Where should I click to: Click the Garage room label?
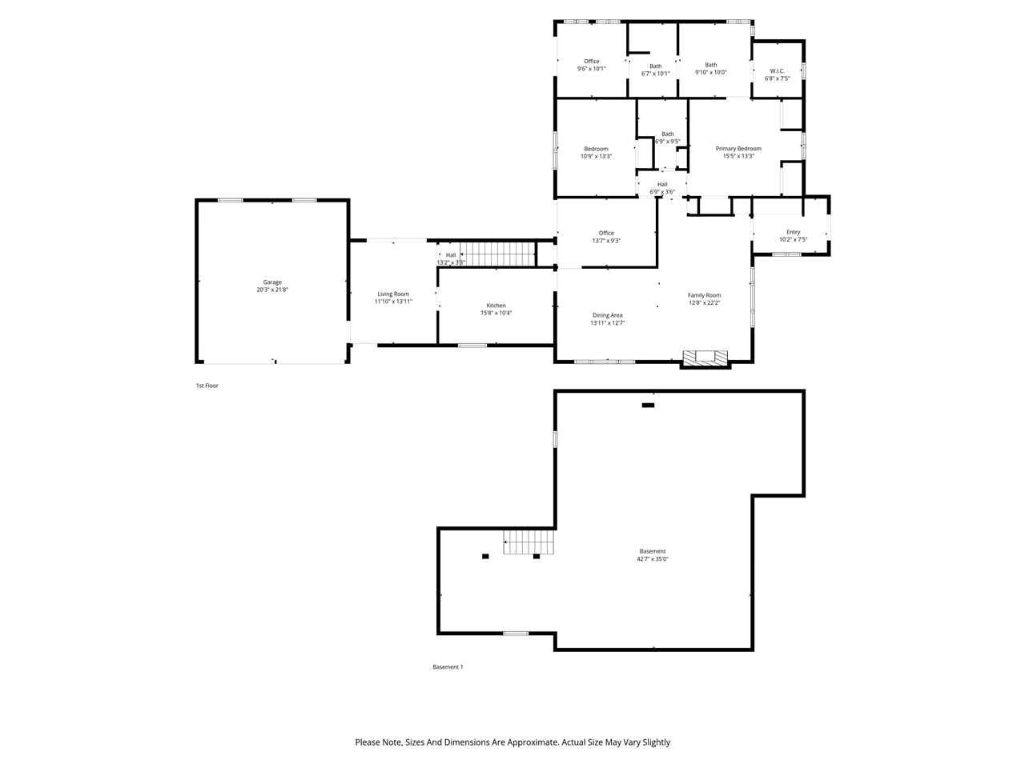(272, 282)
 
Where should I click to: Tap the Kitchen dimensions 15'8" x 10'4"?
(496, 314)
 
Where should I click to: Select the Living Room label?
(393, 294)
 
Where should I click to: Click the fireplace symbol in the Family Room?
(705, 357)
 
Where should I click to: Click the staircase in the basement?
(529, 542)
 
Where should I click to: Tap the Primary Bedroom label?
(738, 149)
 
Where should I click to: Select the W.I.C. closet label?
(777, 70)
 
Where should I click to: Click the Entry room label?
(793, 232)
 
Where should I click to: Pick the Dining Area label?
(607, 315)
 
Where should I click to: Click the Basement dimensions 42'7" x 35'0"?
(653, 559)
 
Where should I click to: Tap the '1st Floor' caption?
(207, 386)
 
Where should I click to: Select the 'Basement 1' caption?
(448, 667)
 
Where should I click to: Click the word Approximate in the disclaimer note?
(529, 742)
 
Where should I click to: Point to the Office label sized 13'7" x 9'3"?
(606, 233)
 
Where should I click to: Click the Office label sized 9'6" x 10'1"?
(592, 62)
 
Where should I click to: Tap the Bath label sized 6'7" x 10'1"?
(656, 66)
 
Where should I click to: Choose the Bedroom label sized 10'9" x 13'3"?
(596, 149)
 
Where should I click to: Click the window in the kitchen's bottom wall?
(472, 345)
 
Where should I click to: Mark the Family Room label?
(705, 295)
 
